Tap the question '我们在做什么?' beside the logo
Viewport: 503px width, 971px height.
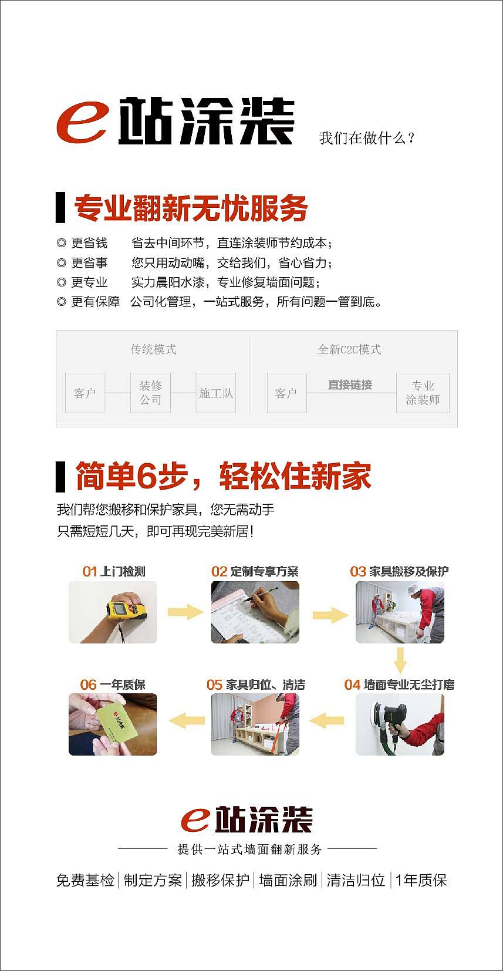366,139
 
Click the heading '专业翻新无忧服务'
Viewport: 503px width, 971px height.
191,208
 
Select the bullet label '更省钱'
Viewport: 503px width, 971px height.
89,243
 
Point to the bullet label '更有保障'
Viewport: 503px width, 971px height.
95,302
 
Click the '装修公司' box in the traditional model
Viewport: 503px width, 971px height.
150,393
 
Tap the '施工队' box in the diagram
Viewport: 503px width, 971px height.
216,393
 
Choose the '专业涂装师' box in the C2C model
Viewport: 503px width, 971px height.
423,393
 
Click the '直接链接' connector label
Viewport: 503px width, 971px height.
350,385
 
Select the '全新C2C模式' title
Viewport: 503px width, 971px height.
349,349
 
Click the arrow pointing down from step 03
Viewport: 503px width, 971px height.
400,660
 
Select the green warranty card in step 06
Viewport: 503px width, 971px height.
117,721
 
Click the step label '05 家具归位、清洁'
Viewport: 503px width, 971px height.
256,685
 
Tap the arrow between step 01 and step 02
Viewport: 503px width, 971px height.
185,612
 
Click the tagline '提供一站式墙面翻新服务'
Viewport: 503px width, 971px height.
249,849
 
